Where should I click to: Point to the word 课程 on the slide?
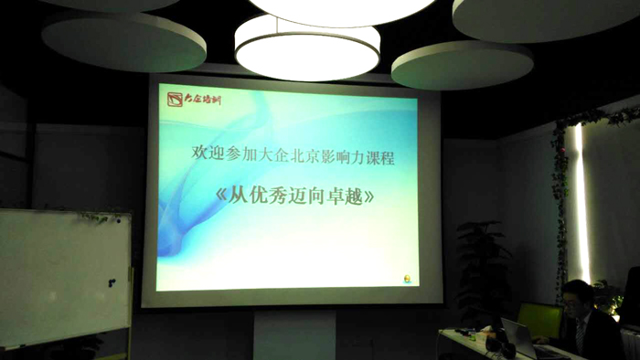pos(381,157)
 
